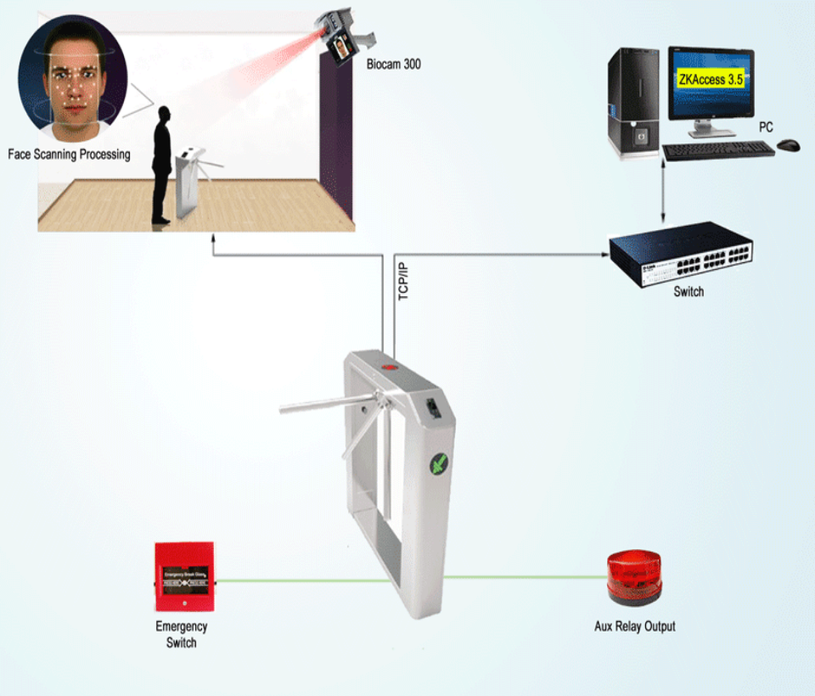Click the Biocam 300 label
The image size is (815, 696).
click(393, 65)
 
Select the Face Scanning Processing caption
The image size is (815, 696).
click(69, 154)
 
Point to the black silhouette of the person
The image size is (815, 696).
click(161, 166)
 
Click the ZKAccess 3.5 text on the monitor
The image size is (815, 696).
click(711, 80)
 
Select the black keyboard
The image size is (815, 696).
click(717, 150)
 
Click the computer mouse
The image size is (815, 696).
click(789, 145)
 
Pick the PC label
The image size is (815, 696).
click(766, 127)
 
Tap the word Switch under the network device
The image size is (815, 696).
click(689, 292)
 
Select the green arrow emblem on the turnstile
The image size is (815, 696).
click(440, 464)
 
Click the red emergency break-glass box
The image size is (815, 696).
click(183, 578)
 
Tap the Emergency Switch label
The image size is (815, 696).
click(181, 635)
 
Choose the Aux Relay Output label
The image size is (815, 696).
click(635, 626)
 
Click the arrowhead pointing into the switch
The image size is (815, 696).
click(604, 252)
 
